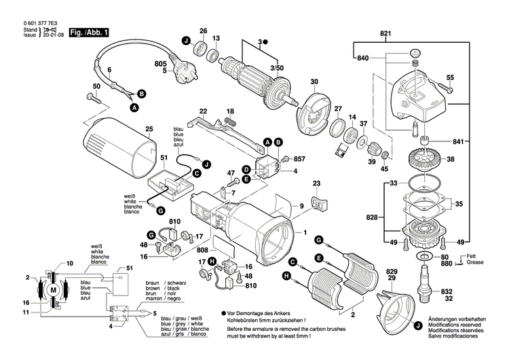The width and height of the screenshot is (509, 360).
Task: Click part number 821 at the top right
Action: tap(385, 33)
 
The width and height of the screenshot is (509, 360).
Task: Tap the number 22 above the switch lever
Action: tap(202, 111)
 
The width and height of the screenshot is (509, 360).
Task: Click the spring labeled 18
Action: tap(231, 121)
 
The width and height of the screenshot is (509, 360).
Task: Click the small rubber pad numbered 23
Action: tap(317, 204)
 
